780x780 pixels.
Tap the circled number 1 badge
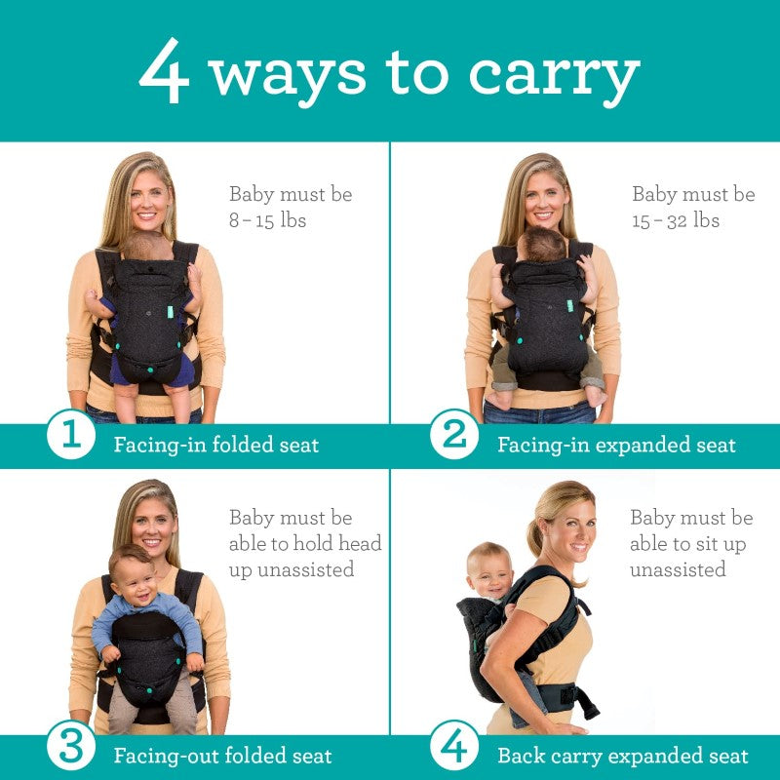[x=71, y=435]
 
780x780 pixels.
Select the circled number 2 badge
[x=454, y=435]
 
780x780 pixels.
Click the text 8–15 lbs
[x=267, y=220]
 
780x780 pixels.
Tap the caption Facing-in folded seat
[x=215, y=446]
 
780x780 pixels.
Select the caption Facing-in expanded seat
[x=616, y=446]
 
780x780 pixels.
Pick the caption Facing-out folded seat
[x=222, y=756]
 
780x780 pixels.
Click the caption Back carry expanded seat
[x=622, y=756]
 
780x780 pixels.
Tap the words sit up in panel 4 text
[x=721, y=544]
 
